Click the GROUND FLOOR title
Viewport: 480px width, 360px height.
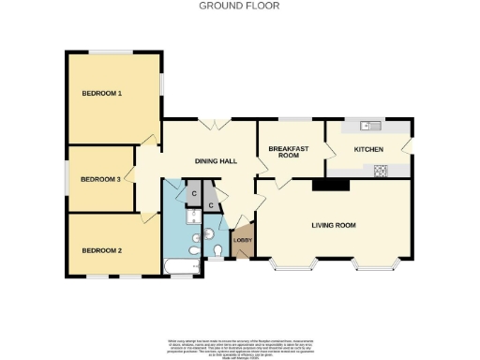[x=240, y=6]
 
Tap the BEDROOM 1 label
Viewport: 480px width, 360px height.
[x=102, y=93]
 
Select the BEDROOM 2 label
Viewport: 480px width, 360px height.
[x=102, y=250]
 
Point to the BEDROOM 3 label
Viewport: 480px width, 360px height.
[x=100, y=179]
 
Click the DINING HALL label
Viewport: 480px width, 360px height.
[x=214, y=161]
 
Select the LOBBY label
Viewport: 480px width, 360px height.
[x=242, y=241]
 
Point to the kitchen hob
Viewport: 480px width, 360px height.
[x=382, y=171]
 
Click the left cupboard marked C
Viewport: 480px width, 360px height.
[x=193, y=194]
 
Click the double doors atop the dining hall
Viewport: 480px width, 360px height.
[x=215, y=124]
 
